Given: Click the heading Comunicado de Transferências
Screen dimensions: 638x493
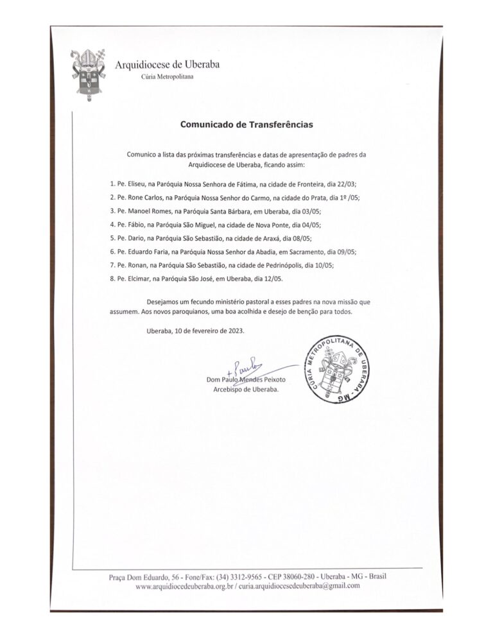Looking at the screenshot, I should (x=246, y=125).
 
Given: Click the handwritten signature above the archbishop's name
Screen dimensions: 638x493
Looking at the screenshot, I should (x=245, y=369).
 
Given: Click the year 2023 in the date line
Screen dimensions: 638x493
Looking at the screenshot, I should (x=234, y=331).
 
